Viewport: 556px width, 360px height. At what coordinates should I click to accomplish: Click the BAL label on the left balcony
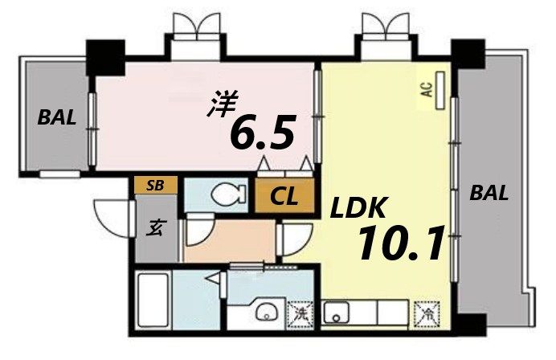(57, 118)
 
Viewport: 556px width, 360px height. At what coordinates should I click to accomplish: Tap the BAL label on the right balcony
(489, 193)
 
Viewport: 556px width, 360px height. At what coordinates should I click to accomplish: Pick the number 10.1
(401, 243)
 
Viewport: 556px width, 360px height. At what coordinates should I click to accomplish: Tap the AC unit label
(427, 86)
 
